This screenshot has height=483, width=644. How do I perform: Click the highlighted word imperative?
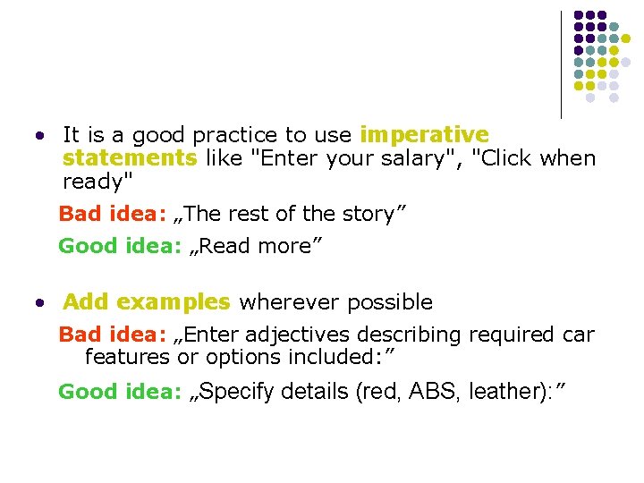click(x=424, y=135)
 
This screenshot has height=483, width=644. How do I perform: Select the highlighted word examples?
click(x=174, y=302)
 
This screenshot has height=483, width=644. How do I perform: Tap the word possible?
click(x=390, y=302)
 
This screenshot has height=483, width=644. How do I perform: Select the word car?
click(x=579, y=335)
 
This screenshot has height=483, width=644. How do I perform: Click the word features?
click(x=127, y=358)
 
